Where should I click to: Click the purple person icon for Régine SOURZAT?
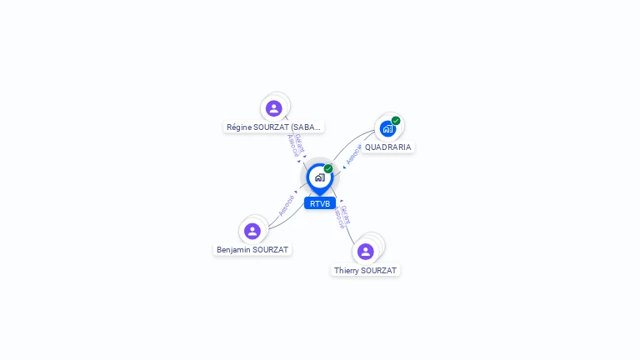coord(274,108)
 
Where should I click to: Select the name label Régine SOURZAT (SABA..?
coord(274,127)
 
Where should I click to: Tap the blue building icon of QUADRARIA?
coord(387,128)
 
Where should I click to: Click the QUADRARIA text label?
coord(387,147)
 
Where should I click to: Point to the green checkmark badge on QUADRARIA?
coord(396,121)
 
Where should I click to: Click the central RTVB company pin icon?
coord(319,177)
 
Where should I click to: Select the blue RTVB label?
coord(320,203)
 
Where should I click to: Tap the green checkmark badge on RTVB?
coord(328,169)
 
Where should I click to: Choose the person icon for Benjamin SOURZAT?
coord(252,231)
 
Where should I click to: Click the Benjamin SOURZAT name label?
coord(252,250)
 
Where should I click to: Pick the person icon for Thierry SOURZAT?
coord(365,251)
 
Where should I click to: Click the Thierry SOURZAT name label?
coord(366,271)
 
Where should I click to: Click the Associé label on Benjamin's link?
coord(286,206)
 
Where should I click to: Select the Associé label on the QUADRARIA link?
coord(353,154)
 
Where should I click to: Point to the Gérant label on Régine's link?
coord(299,142)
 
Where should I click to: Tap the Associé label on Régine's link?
coord(292,146)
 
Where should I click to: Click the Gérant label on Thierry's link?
coord(346,214)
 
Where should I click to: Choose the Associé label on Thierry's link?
coord(338,218)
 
